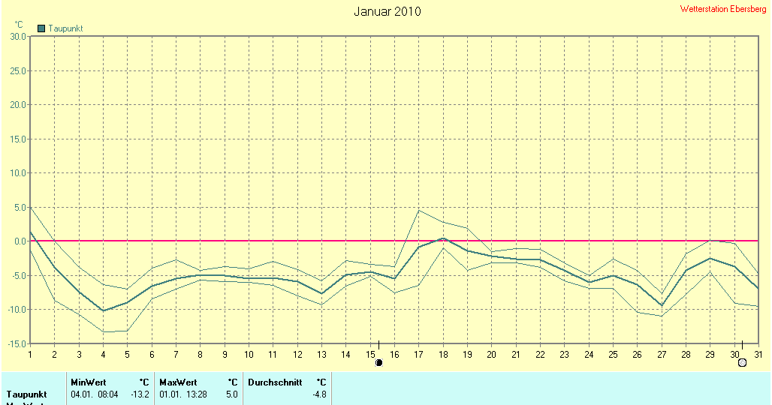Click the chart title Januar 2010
[x=387, y=11]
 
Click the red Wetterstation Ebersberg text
[x=723, y=9]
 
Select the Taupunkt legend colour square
[x=41, y=28]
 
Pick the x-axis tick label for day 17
[x=418, y=354]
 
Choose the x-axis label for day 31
[x=758, y=354]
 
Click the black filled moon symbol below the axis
[x=379, y=362]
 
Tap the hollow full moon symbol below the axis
[x=742, y=362]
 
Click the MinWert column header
[x=88, y=382]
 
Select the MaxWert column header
[x=176, y=382]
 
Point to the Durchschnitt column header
[x=275, y=382]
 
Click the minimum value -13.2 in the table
[x=140, y=394]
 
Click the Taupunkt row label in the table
[x=27, y=394]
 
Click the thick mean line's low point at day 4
[x=104, y=310]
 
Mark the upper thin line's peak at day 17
[x=418, y=210]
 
